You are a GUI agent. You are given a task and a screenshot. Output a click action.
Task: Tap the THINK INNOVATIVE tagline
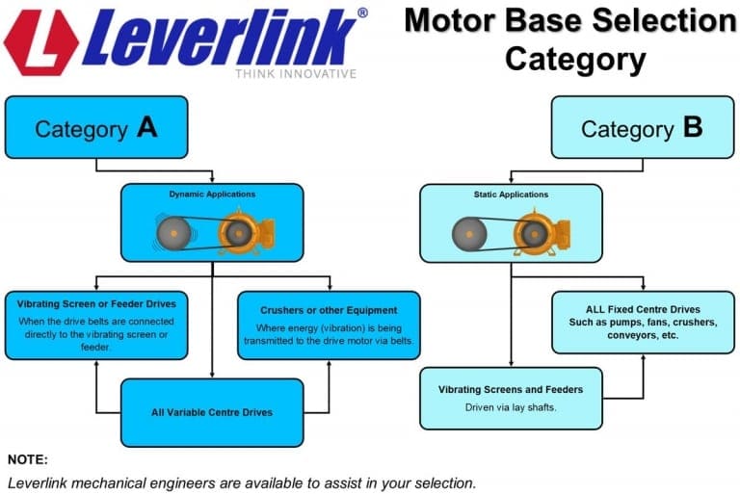tap(296, 73)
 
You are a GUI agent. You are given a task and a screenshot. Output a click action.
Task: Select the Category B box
tap(642, 127)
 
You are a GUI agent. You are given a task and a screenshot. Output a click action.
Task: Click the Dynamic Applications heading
tap(212, 195)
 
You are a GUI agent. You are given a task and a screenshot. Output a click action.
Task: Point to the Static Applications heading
tap(511, 195)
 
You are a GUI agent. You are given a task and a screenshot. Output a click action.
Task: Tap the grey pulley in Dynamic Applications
tap(174, 232)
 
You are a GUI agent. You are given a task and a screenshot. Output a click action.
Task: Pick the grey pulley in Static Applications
tap(470, 232)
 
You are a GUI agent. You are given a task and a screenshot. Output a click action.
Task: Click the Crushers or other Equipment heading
tap(329, 310)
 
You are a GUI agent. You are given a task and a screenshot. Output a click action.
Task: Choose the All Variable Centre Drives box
tap(212, 412)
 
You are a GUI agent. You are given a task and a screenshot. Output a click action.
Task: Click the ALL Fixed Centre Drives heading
tap(643, 309)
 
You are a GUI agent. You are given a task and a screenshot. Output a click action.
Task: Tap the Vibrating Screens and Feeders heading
tap(511, 390)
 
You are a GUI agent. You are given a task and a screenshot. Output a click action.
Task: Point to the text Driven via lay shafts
tap(511, 408)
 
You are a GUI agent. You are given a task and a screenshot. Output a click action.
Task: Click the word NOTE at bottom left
tap(28, 459)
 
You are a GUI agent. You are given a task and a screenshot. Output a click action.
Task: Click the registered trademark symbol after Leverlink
tap(361, 13)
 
